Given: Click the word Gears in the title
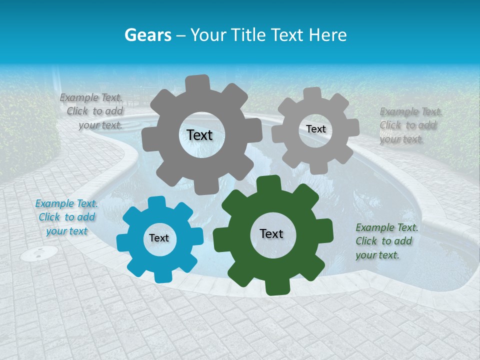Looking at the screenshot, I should point(147,35).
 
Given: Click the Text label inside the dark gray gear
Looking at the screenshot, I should point(199,135).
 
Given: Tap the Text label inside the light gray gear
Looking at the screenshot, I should point(315,129).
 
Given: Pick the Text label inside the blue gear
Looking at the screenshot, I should point(159,238).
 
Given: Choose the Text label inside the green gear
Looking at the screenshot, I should point(271,234).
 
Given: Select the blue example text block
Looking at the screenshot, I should point(66,217).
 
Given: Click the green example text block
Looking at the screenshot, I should point(386,241).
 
